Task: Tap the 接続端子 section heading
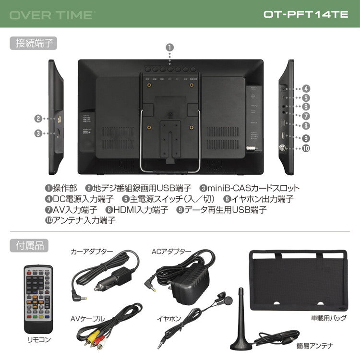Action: (33, 43)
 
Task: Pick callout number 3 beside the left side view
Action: (38, 134)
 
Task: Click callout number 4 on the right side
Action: (306, 88)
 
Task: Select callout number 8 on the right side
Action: (306, 126)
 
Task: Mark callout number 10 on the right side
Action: (306, 148)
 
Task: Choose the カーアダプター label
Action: (92, 251)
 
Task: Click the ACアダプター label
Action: (171, 251)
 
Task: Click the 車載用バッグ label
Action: (328, 318)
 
